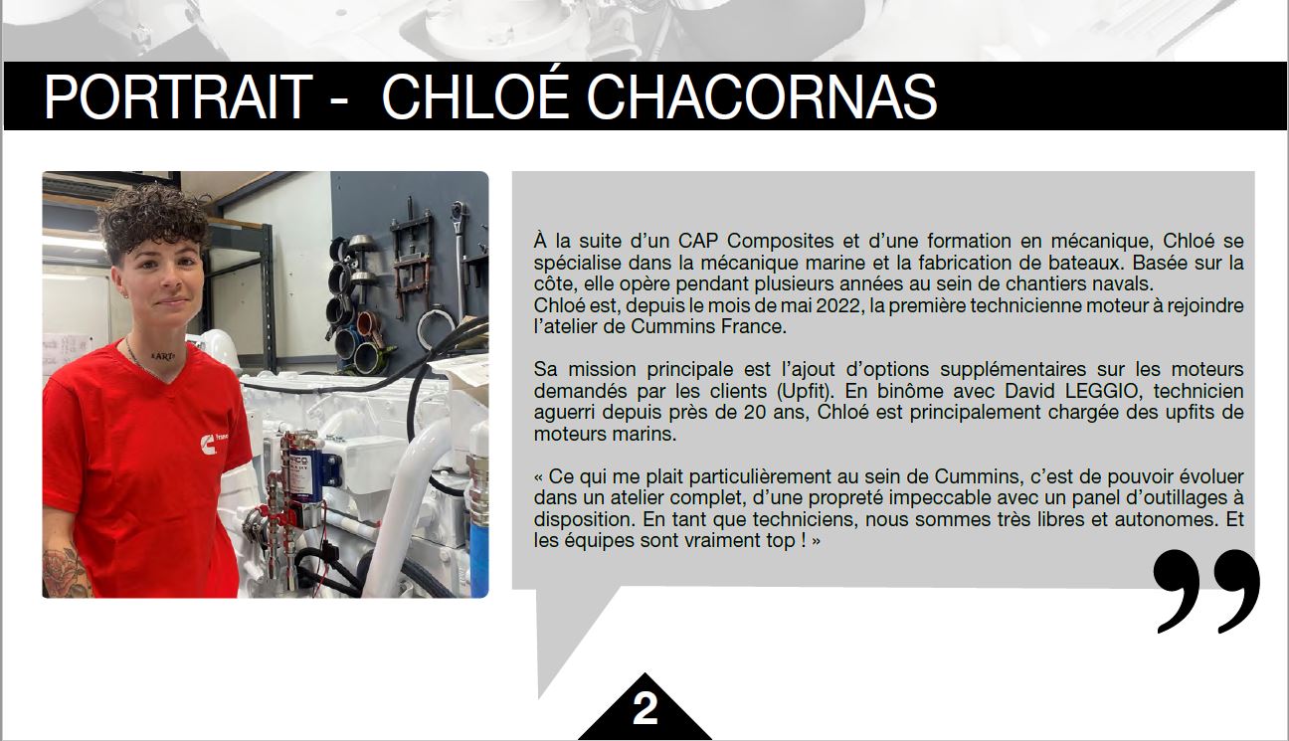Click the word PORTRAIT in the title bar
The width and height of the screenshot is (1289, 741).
(x=178, y=96)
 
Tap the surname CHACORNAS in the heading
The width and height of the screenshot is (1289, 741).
(x=761, y=96)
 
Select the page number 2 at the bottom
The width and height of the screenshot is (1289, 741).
(x=644, y=709)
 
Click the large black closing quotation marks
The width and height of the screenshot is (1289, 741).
(x=1206, y=591)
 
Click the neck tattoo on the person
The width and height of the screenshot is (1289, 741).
(x=162, y=357)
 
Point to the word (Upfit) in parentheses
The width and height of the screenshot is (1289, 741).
(x=805, y=392)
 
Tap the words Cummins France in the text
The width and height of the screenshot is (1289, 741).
(x=708, y=327)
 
